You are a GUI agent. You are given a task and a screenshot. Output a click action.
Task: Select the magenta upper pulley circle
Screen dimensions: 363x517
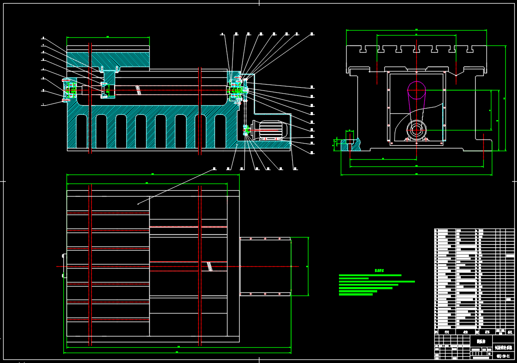click(x=416, y=90)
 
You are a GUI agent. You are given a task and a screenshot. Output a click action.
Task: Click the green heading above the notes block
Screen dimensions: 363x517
click(x=379, y=271)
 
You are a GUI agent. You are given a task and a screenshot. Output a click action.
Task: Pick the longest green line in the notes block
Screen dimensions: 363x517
click(x=377, y=282)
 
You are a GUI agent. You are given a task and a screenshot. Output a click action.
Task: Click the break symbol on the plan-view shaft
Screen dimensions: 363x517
click(x=209, y=266)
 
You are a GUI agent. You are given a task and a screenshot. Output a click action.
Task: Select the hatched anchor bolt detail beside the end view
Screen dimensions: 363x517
click(x=350, y=143)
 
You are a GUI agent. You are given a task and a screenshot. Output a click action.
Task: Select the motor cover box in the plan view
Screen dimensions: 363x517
click(x=265, y=266)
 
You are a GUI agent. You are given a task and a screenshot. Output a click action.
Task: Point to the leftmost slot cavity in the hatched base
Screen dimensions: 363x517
click(x=81, y=131)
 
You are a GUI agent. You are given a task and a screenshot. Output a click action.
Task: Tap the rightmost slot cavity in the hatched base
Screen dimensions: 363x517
click(x=220, y=131)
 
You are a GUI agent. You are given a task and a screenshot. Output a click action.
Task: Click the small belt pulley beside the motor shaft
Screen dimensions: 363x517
click(x=245, y=130)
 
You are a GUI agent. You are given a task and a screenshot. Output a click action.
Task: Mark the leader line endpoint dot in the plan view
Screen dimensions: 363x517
click(x=138, y=204)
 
